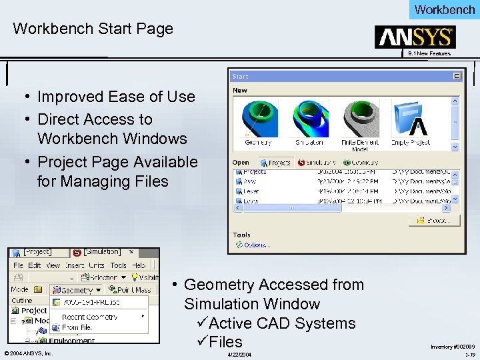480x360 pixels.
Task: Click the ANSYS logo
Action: pos(415,37)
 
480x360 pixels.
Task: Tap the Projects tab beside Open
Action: pos(276,162)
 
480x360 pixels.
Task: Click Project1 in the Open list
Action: pos(253,171)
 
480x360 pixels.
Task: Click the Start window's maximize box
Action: pos(457,76)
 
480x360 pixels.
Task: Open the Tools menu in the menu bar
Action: pos(118,265)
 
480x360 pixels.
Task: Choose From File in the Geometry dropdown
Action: pos(77,327)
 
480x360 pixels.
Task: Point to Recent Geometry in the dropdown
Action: pos(91,317)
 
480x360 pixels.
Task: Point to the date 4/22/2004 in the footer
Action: pos(239,354)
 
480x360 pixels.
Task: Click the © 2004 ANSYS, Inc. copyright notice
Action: pos(28,353)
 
